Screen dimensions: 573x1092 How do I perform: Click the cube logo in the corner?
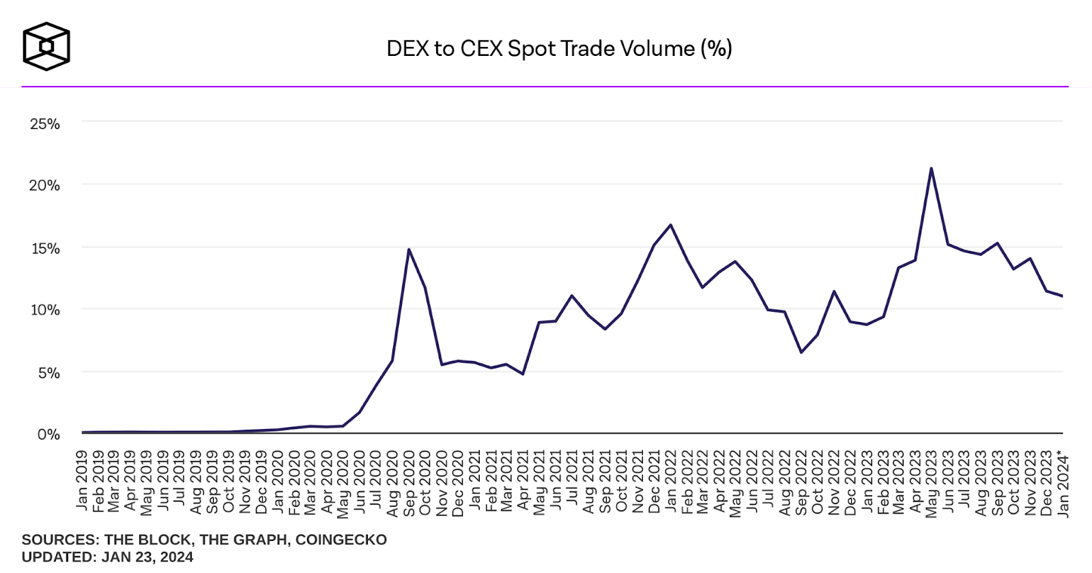click(x=46, y=46)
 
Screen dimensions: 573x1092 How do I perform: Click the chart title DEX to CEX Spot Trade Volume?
click(x=558, y=48)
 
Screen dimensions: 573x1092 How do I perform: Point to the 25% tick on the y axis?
click(x=45, y=123)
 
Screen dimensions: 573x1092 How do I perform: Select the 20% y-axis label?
click(x=45, y=185)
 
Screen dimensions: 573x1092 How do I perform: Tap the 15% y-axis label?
click(x=45, y=248)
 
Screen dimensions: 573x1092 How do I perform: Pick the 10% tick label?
click(x=45, y=310)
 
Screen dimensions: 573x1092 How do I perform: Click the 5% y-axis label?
click(x=48, y=372)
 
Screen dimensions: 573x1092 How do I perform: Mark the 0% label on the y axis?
click(x=48, y=435)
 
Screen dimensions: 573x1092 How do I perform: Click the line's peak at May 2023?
click(x=931, y=168)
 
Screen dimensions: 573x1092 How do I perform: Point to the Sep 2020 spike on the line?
click(x=408, y=250)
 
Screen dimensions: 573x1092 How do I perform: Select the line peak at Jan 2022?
click(x=670, y=225)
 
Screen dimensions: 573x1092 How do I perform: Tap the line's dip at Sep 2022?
click(x=801, y=352)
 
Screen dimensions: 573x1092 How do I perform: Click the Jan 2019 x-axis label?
click(x=82, y=480)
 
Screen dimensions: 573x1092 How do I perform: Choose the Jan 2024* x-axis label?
click(x=1063, y=484)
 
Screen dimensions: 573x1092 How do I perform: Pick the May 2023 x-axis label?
click(x=932, y=484)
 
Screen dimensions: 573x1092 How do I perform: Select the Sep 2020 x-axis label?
click(x=408, y=483)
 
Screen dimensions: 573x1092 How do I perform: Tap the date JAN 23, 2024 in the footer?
click(x=147, y=557)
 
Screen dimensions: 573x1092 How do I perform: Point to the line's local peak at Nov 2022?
click(x=833, y=292)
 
